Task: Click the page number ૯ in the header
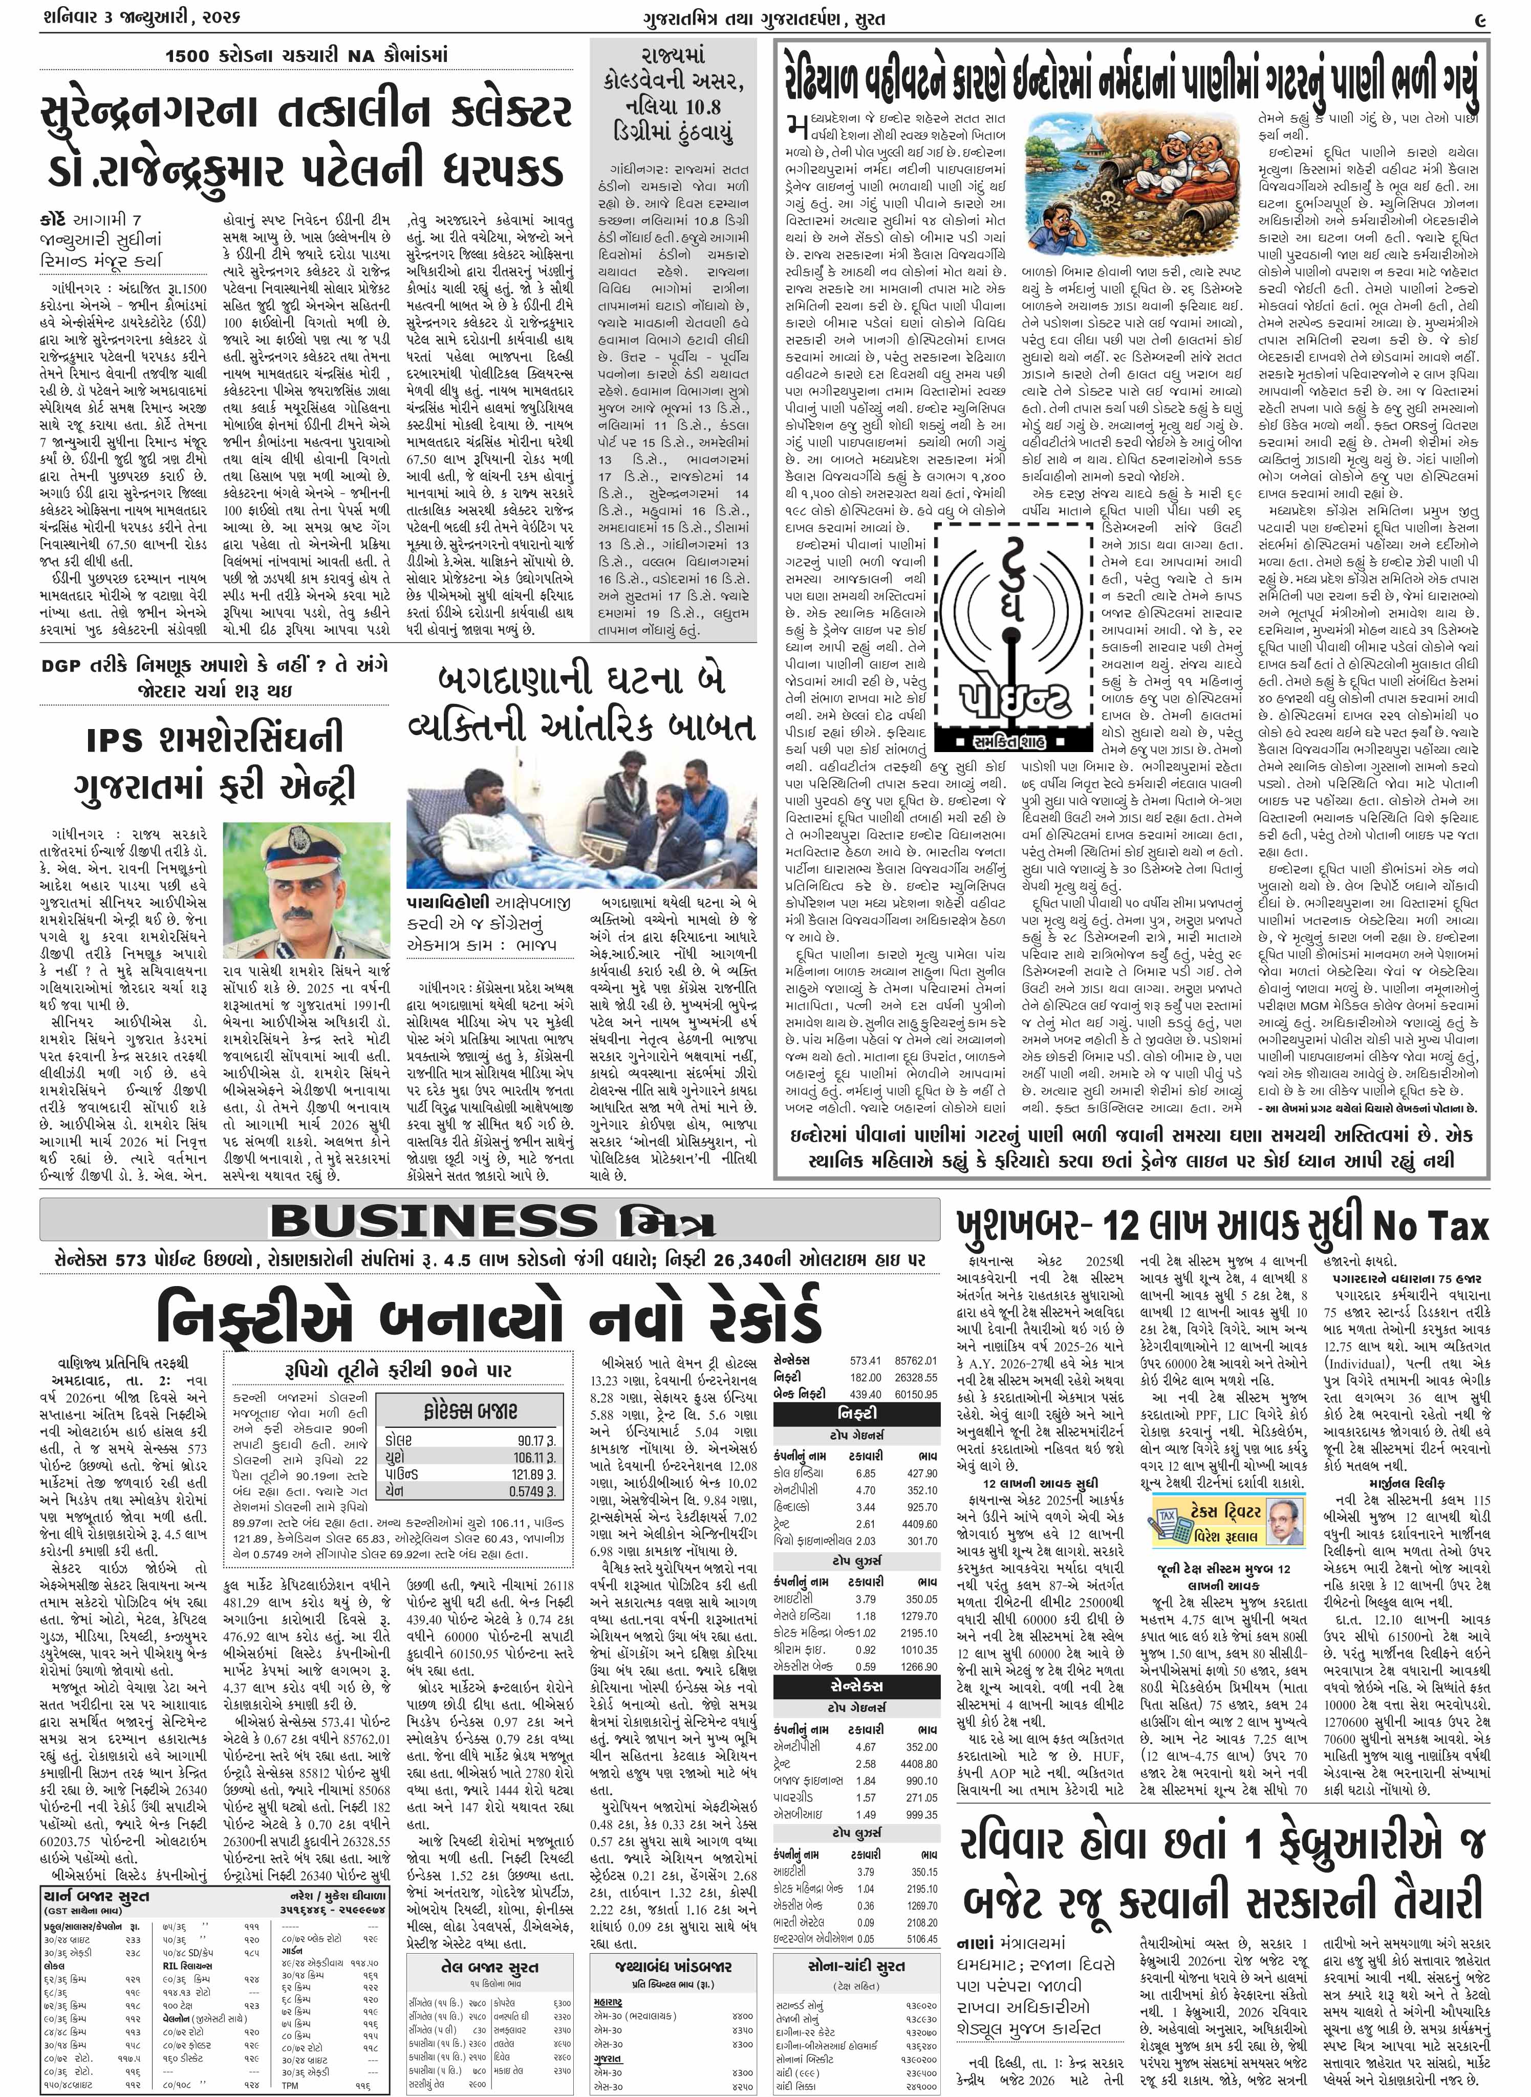point(1480,18)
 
